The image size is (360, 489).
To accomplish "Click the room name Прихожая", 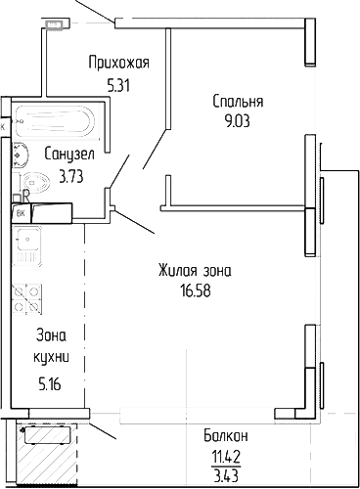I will pyautogui.click(x=117, y=64).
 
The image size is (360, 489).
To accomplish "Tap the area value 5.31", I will pyautogui.click(x=117, y=84).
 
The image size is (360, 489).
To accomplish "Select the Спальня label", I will pyautogui.click(x=238, y=101).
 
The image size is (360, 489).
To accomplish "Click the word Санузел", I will pyautogui.click(x=68, y=154).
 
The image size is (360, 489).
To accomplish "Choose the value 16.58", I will pyautogui.click(x=196, y=290).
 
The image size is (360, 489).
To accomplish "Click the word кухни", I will pyautogui.click(x=52, y=357).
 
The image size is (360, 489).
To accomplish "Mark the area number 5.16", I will pyautogui.click(x=50, y=382).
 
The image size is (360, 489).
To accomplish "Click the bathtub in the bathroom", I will pyautogui.click(x=55, y=122).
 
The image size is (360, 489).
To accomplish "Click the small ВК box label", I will pyautogui.click(x=19, y=210).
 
